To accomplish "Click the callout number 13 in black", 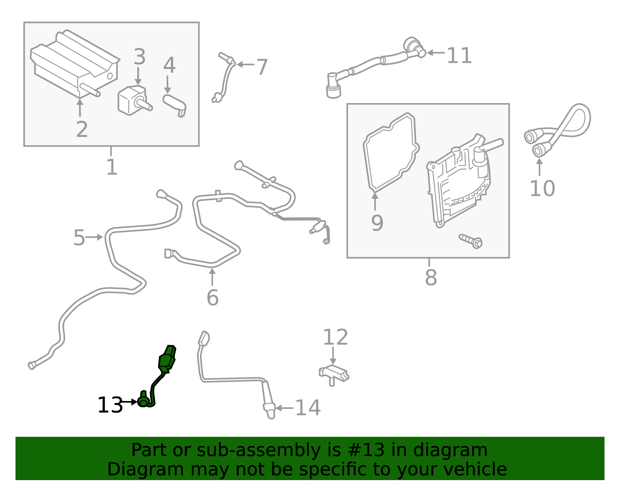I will tap(110, 405).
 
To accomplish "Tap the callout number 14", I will tap(308, 408).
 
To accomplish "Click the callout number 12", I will tap(335, 338).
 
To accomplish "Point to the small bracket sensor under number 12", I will tap(334, 374).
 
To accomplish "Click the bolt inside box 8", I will tap(471, 241).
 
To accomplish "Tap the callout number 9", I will tap(377, 223).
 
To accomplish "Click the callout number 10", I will tap(542, 189).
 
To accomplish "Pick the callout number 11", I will tap(459, 56).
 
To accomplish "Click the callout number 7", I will tap(262, 67).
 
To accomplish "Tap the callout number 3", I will tap(139, 57).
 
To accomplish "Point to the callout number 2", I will tap(82, 129).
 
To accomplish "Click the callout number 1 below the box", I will tap(112, 167).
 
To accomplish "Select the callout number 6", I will tap(212, 298).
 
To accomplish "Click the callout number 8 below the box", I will tap(431, 277).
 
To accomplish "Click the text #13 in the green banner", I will tap(366, 450).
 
